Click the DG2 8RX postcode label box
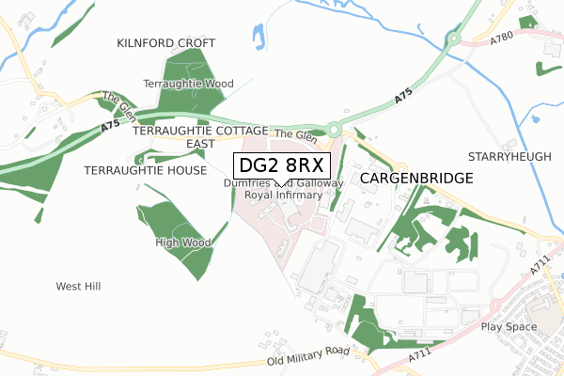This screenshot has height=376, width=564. [281, 165]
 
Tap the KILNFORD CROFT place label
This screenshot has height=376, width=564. [166, 43]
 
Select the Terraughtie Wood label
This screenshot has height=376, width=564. [188, 84]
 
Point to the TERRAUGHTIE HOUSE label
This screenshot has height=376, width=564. [145, 170]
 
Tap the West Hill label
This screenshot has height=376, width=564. [78, 286]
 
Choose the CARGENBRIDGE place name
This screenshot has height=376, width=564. [415, 177]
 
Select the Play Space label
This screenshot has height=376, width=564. [508, 326]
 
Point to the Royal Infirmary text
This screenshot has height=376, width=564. [283, 195]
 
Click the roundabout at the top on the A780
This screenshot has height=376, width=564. [456, 39]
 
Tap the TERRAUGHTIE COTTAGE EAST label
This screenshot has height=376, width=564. [201, 136]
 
